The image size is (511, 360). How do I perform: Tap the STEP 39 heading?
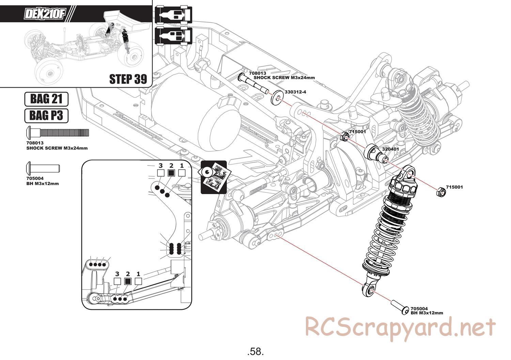coord(128,79)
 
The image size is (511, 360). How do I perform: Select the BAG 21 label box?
coord(46,99)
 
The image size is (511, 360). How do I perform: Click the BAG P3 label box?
coord(46,115)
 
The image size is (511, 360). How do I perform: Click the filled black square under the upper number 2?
coord(171,173)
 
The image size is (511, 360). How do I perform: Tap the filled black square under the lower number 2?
coord(128,281)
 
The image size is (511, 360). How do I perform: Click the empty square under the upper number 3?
coord(161,173)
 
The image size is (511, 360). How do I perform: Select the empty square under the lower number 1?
coord(138,281)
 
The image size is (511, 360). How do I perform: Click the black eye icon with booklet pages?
coord(213,177)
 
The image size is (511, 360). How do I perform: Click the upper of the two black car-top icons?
coord(174,15)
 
